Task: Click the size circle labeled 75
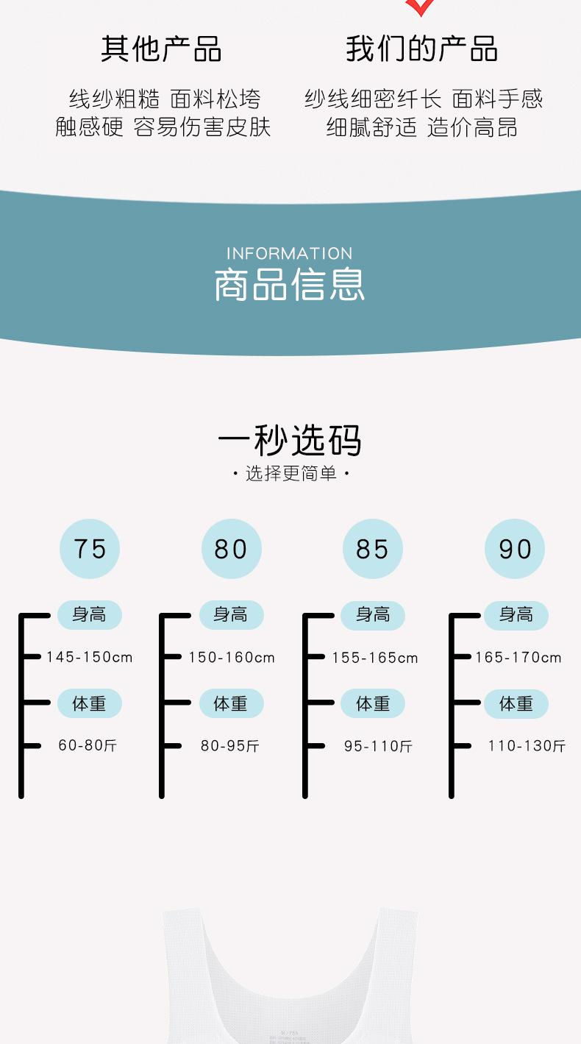90,549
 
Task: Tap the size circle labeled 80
232,549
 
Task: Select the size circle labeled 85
373,549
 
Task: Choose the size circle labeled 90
515,549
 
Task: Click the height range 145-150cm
90,657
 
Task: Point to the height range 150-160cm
232,657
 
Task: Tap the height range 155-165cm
375,658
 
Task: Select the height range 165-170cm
518,657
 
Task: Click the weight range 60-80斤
88,746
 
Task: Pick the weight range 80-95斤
230,746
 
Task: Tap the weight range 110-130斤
527,746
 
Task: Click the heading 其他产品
162,49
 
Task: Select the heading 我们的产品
422,49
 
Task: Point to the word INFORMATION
290,254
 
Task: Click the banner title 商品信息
290,285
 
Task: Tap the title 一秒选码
290,441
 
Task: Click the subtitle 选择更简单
290,473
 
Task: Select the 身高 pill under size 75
90,614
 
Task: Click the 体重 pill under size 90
516,704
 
